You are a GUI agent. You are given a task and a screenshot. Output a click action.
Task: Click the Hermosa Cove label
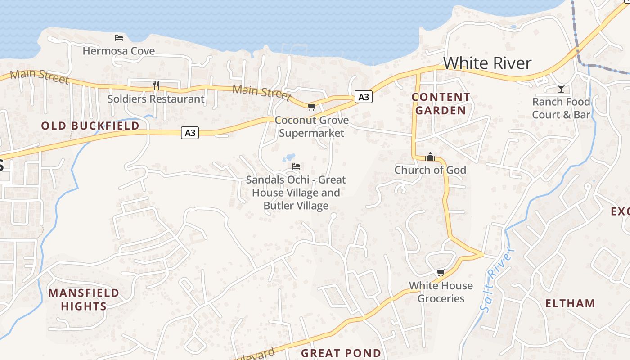(x=118, y=51)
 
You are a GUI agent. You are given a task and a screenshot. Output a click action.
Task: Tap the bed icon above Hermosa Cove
(x=118, y=37)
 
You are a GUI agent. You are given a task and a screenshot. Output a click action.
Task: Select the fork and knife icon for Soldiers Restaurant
(x=156, y=85)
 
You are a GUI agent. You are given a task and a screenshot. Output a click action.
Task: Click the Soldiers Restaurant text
(x=156, y=99)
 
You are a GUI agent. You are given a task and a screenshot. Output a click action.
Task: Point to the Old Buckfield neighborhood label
(x=90, y=126)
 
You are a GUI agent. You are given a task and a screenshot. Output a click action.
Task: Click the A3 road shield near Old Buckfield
(x=190, y=133)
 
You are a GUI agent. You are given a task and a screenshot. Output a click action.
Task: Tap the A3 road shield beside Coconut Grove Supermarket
(x=364, y=97)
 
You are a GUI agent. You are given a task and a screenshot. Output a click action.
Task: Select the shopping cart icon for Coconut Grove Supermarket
(x=311, y=107)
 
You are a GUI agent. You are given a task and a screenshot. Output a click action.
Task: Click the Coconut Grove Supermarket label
(x=311, y=126)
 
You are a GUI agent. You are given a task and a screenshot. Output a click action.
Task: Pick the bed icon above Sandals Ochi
(x=296, y=166)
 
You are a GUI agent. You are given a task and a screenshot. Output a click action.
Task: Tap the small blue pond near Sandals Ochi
(x=289, y=158)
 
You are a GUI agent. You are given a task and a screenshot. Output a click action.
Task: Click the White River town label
(x=487, y=63)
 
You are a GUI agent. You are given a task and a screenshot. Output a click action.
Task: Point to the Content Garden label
(x=441, y=103)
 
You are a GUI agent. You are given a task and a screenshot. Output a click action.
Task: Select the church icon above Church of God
(x=430, y=157)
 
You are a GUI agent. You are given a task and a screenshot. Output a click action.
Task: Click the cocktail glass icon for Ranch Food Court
(x=561, y=88)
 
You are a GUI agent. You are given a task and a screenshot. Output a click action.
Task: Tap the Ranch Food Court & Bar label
(x=561, y=108)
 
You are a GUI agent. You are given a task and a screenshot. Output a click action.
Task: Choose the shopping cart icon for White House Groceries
(x=441, y=272)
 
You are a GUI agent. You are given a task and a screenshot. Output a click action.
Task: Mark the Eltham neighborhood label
(x=570, y=303)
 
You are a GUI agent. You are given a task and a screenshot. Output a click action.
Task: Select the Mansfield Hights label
(x=84, y=300)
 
